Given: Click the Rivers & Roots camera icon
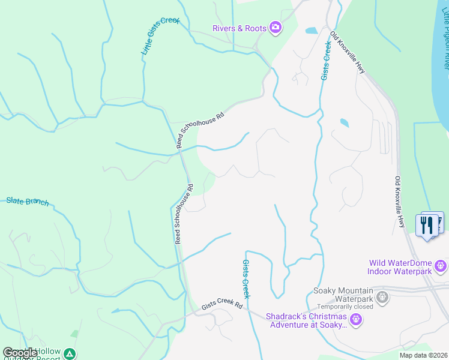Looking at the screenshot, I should coord(276,28).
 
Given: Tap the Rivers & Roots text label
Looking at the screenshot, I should coord(240,28).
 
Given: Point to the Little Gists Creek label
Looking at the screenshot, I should coord(160,37).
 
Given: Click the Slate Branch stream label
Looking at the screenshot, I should coord(27,202).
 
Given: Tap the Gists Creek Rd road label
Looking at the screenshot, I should coord(221,305).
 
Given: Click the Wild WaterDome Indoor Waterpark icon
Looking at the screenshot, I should coord(441,265).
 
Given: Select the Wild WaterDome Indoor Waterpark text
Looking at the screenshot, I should coord(401,267).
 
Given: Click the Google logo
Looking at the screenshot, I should coord(20,353).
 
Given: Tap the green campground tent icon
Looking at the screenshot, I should coord(71,354).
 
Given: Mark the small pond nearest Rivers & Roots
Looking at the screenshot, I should coord(311,30).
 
